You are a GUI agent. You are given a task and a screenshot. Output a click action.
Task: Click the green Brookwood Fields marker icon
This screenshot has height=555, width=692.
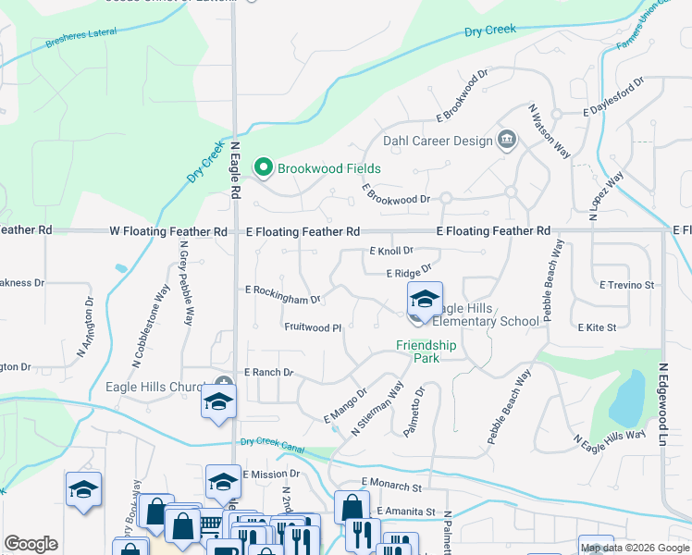tap(264, 168)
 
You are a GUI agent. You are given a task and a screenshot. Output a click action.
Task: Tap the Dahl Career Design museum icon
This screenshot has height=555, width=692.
tap(507, 141)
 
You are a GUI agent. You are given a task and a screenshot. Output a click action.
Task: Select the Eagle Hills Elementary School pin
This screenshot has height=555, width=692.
tap(425, 301)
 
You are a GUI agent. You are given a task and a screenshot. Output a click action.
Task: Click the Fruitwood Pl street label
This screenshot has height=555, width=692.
tap(313, 327)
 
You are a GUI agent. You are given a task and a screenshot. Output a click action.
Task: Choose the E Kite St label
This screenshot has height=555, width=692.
tap(597, 327)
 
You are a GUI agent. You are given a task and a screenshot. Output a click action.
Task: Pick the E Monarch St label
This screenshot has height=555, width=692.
tap(391, 483)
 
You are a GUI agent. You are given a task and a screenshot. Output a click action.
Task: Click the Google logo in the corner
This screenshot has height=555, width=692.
tap(31, 544)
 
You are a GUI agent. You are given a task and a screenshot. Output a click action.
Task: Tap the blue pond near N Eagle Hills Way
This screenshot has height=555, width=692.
tap(625, 397)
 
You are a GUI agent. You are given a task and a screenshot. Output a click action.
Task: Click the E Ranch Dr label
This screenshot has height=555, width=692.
tap(268, 372)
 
